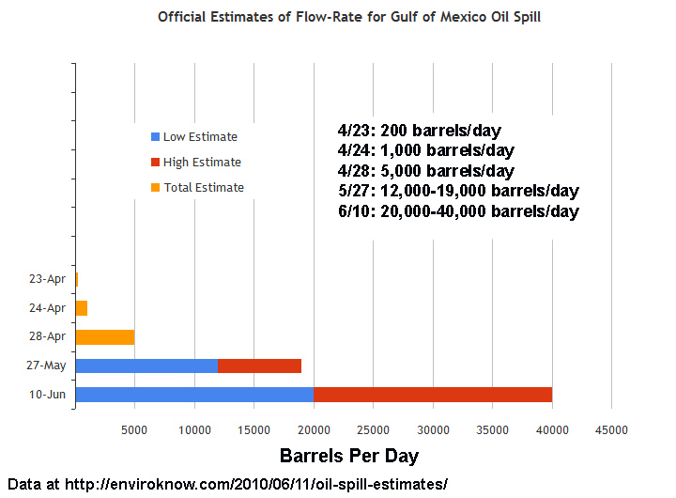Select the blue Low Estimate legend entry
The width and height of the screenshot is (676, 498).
pos(193,137)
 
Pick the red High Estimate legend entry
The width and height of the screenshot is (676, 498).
pos(195,163)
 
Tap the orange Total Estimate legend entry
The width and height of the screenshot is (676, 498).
pos(196,188)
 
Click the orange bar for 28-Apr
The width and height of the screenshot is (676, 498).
pos(105,337)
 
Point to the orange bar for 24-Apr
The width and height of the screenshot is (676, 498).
pos(82,308)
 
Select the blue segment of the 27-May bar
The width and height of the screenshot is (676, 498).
pos(146,366)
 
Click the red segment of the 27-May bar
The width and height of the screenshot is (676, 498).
pos(259,366)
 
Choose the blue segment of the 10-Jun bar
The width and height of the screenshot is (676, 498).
pos(194,395)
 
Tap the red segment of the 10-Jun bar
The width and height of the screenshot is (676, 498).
pos(432,395)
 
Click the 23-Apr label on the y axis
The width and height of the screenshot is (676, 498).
pos(47,279)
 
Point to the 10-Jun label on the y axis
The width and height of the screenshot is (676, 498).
pos(47,395)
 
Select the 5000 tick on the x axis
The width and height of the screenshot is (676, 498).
pos(135,429)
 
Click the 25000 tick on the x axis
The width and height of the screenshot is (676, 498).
pos(374,429)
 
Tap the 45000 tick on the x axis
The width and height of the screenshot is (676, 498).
pos(612,429)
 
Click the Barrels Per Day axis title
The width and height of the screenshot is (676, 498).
pos(349,457)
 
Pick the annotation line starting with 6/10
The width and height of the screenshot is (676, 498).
pos(457,211)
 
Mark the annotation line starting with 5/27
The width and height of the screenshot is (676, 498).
pos(457,191)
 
